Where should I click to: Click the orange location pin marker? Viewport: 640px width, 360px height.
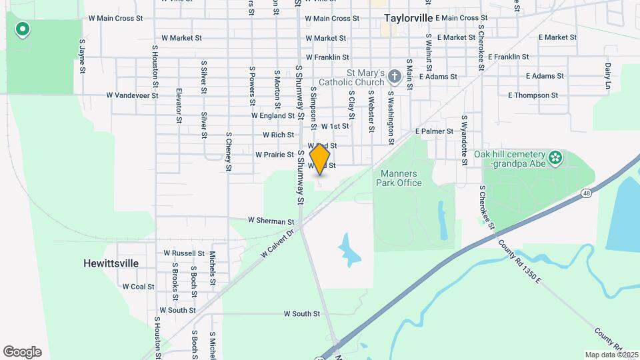(x=320, y=159)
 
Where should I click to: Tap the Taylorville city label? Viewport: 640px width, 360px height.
(x=409, y=18)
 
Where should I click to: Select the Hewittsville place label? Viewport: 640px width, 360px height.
(x=111, y=263)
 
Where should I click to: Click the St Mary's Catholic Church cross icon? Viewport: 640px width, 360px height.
(x=394, y=77)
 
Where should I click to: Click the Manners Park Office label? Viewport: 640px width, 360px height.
(x=401, y=178)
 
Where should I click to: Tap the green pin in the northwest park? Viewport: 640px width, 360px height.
(x=23, y=29)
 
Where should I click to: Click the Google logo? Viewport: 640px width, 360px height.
(x=22, y=352)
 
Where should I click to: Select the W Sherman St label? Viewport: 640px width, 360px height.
(x=271, y=221)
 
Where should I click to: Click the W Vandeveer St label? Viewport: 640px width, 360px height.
(x=132, y=95)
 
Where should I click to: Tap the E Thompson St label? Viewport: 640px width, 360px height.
(x=533, y=95)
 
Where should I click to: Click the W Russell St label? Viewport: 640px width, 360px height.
(x=183, y=253)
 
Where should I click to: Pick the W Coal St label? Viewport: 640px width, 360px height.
(x=138, y=287)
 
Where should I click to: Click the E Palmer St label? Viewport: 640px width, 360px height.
(x=434, y=131)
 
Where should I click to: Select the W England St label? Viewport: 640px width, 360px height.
(x=273, y=115)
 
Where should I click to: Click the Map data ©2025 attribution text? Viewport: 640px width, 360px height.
(x=611, y=355)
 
